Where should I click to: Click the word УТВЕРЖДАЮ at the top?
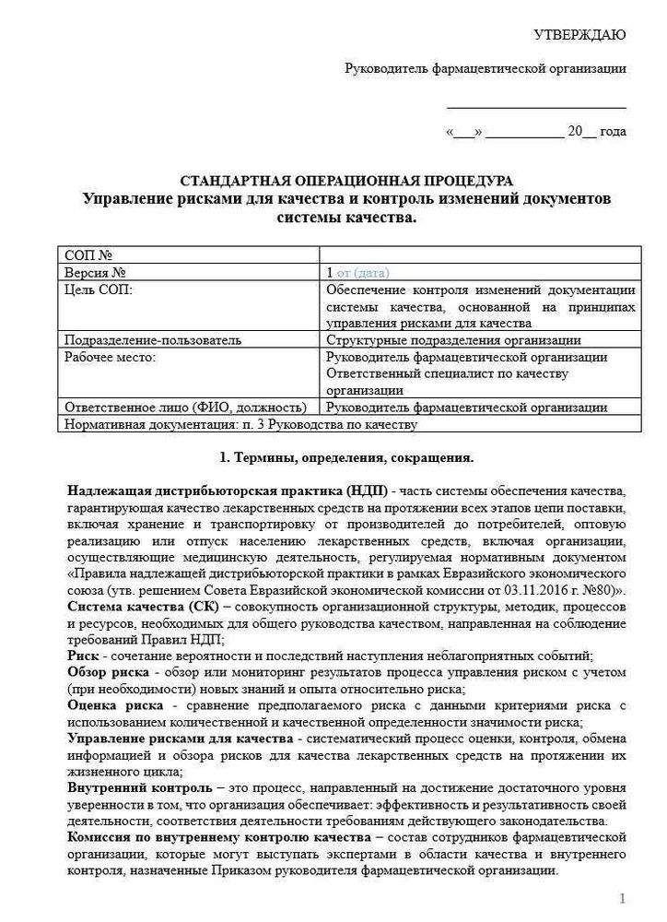tap(579, 35)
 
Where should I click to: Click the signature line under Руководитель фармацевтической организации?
tap(536, 109)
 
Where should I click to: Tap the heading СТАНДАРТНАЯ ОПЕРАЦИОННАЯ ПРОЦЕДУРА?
tap(345, 181)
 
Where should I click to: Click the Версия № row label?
tap(95, 273)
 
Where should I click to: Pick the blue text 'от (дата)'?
tap(364, 273)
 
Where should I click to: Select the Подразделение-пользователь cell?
tap(153, 340)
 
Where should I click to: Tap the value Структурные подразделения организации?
tap(454, 340)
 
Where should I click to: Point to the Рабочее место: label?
tap(110, 357)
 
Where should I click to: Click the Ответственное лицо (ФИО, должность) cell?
tap(185, 407)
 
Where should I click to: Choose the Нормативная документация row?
tap(240, 424)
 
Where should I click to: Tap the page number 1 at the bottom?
tap(623, 898)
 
